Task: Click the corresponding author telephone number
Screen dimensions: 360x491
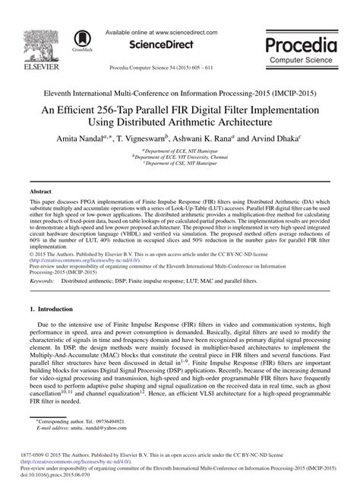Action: tap(109, 420)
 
